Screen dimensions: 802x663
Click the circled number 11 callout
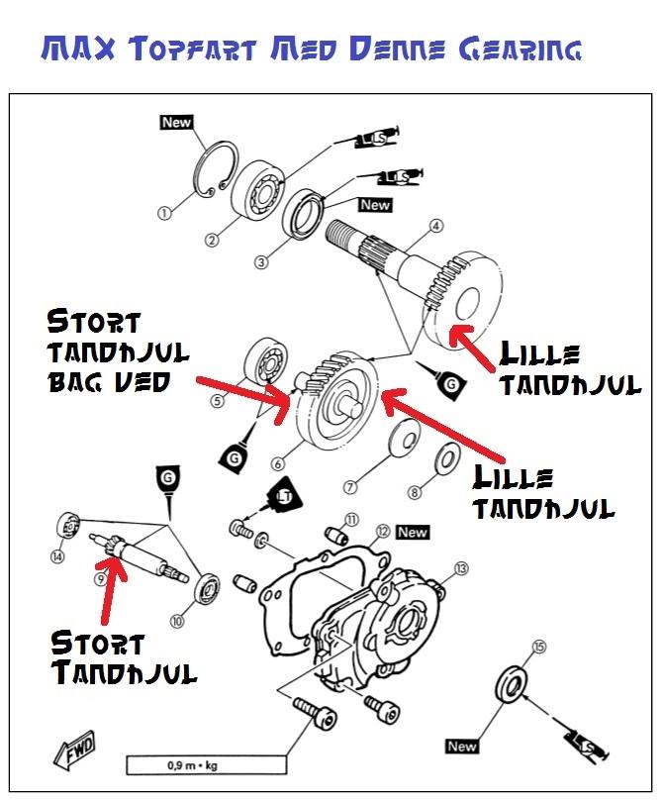point(350,520)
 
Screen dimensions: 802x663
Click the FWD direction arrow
point(74,753)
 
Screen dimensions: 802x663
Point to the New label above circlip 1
point(176,123)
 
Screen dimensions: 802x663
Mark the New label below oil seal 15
point(462,746)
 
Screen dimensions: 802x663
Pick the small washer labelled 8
point(447,457)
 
